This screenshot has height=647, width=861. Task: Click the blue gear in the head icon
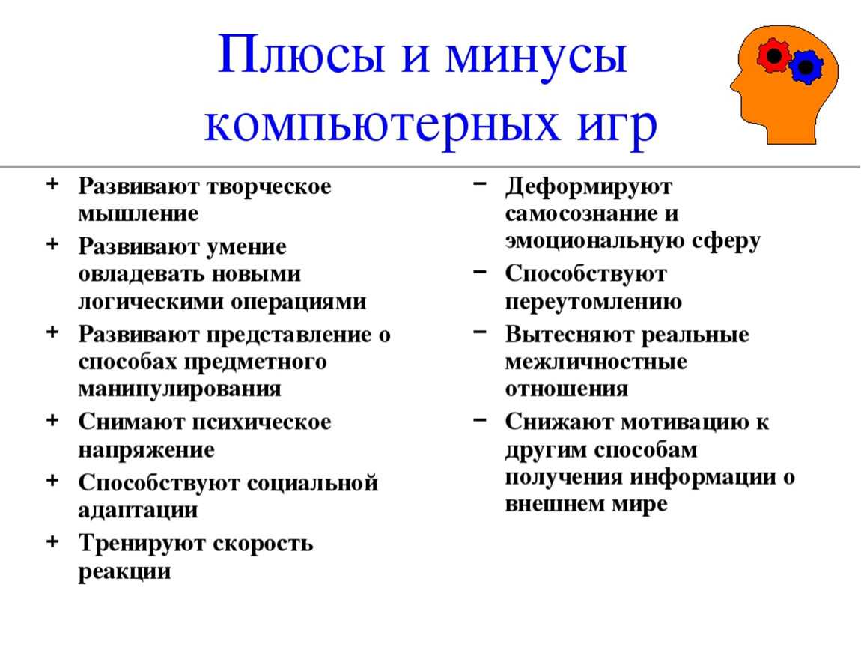(806, 67)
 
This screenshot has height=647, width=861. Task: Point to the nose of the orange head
(732, 84)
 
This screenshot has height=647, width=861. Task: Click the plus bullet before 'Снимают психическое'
(52, 420)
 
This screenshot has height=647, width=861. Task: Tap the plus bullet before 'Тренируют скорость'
(52, 541)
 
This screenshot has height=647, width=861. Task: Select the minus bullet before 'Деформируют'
(478, 183)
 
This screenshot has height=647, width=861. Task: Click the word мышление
(139, 215)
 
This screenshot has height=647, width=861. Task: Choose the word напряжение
(146, 450)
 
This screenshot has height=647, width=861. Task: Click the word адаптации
(138, 511)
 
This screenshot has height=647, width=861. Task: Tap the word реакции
(125, 571)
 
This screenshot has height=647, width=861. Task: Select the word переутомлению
(593, 302)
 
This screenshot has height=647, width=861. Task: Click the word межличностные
(596, 362)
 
